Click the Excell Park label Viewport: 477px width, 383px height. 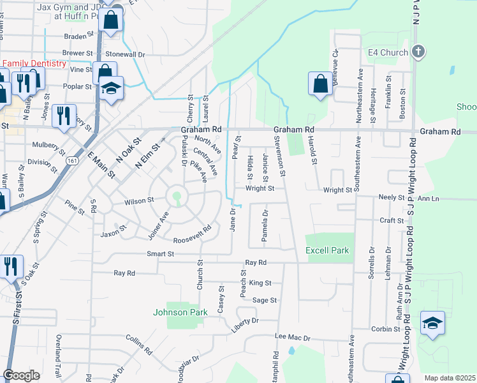[327, 250]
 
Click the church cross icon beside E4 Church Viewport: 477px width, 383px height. [418, 51]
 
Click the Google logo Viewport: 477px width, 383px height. [22, 375]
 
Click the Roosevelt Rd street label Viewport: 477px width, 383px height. [192, 236]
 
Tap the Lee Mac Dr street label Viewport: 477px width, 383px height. [292, 337]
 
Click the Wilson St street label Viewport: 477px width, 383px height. [139, 200]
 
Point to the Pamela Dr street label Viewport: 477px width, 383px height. [264, 226]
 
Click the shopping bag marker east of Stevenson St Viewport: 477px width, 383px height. [320, 84]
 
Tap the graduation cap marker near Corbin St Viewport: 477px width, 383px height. [432, 323]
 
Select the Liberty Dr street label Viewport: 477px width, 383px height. [246, 320]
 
